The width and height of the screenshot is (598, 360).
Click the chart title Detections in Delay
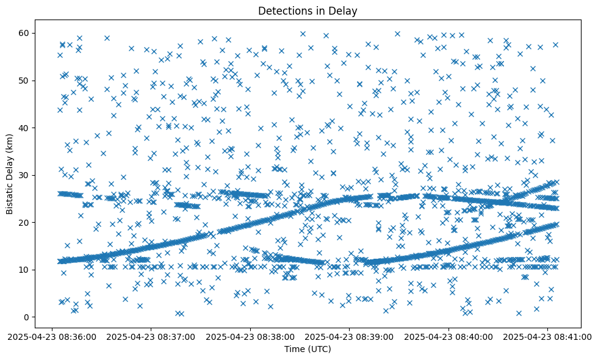click(x=308, y=10)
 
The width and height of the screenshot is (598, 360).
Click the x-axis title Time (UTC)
click(x=308, y=349)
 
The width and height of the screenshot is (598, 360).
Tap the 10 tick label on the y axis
click(x=25, y=270)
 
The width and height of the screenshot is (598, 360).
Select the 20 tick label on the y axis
click(x=25, y=222)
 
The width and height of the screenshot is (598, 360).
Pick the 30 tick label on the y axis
click(x=25, y=175)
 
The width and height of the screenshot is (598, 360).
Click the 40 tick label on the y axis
click(x=25, y=128)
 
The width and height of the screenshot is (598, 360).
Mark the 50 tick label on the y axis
click(x=25, y=81)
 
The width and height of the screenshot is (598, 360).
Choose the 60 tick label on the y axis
click(x=25, y=33)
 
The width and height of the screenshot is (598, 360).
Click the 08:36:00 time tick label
click(x=52, y=336)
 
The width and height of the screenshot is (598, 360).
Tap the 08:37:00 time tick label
click(x=151, y=336)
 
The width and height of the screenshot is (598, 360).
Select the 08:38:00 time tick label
click(x=250, y=336)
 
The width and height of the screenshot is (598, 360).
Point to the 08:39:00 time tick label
click(x=350, y=336)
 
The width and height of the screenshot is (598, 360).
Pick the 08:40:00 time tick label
click(x=449, y=336)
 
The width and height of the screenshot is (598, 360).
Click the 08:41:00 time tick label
click(x=548, y=336)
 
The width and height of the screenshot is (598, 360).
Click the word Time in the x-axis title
click(x=294, y=349)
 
